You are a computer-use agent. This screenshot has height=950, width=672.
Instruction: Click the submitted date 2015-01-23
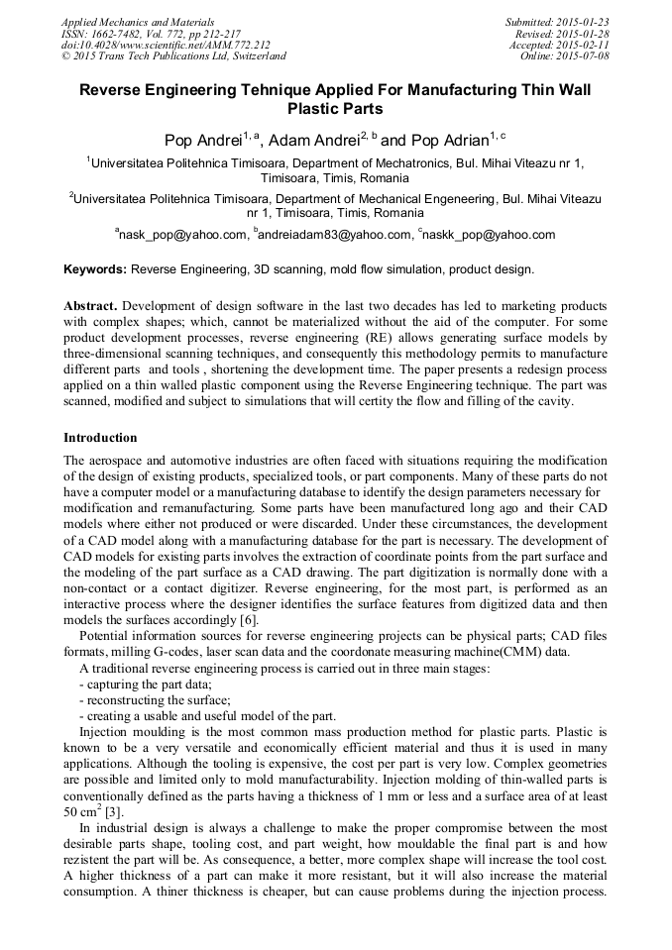[582, 22]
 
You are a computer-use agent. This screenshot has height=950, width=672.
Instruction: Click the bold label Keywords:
[95, 269]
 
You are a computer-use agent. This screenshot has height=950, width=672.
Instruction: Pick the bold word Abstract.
[91, 306]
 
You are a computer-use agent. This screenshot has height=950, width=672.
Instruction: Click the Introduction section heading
[100, 438]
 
